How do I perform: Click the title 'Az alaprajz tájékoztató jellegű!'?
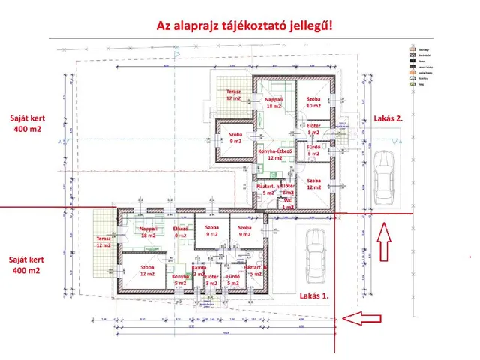244,25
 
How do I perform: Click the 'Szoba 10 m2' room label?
313,103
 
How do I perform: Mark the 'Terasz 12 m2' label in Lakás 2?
233,94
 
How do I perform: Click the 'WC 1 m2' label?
288,203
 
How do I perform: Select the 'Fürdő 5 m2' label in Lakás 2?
314,151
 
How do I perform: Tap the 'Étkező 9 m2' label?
180,231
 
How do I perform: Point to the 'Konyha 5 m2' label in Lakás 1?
179,280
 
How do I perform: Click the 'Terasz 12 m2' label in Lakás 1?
102,241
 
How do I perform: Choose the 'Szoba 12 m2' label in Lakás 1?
146,269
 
